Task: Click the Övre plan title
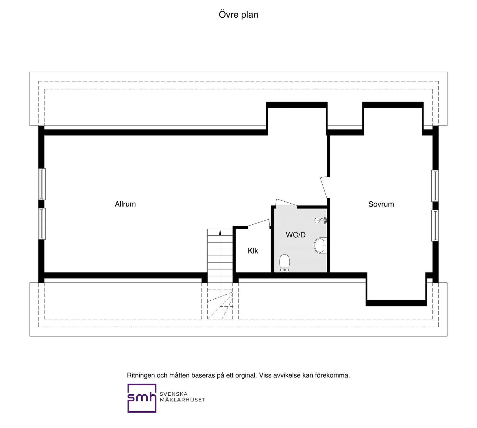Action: click(238, 15)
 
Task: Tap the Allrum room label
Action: click(125, 204)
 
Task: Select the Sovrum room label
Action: click(381, 204)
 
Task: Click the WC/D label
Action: click(295, 235)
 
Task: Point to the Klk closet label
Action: click(253, 251)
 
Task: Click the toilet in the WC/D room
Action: click(284, 263)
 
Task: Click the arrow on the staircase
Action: click(220, 232)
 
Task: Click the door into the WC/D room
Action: click(286, 203)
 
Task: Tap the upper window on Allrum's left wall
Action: click(42, 184)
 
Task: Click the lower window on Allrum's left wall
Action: click(42, 224)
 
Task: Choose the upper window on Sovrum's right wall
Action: click(435, 186)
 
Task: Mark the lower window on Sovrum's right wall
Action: click(435, 226)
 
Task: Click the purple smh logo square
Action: click(142, 398)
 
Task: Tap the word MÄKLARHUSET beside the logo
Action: click(182, 400)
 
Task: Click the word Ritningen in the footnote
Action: click(141, 375)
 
